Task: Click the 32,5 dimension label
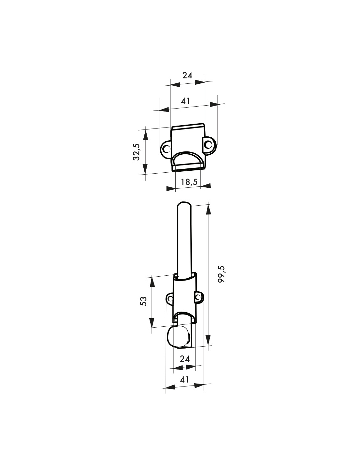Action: point(136,152)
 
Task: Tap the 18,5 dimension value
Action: point(189,182)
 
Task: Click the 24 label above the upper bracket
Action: point(188,75)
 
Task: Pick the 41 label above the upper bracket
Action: point(185,101)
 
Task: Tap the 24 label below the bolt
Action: point(185,359)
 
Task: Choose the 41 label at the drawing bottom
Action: point(184,380)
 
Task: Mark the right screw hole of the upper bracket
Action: point(207,145)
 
